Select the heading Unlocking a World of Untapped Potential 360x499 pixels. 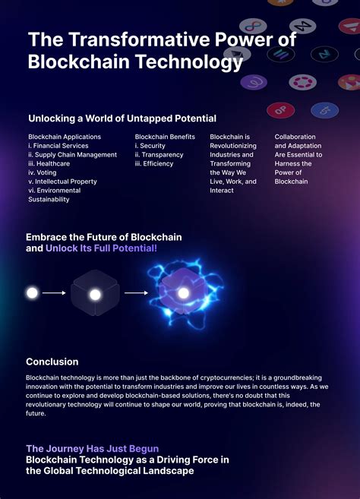point(122,118)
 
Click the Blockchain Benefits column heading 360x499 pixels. point(165,137)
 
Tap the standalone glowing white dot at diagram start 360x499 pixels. point(33,292)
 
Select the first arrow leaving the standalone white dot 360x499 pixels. point(54,292)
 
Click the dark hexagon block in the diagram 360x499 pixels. point(95,294)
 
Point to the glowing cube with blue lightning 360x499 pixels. point(183,292)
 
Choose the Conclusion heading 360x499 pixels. point(52,362)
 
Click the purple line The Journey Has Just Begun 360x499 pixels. point(92,449)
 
